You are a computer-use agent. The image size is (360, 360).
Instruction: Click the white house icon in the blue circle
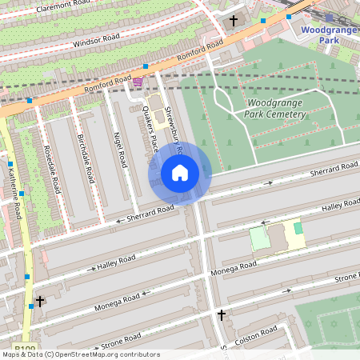coord(180,173)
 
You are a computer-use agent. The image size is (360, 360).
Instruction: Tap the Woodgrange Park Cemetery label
coord(277,109)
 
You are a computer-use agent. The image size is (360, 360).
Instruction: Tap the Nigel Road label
coord(121,150)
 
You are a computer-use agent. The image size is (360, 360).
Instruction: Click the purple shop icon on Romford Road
coord(138,82)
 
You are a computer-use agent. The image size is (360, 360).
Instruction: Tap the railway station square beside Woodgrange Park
coord(328,17)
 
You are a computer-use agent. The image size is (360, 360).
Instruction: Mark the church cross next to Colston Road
coord(222,316)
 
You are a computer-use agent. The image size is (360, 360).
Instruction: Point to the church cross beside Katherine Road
coord(40,301)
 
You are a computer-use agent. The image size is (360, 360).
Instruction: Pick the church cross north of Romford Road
coord(234,20)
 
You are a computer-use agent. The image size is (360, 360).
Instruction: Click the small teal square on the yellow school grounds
coord(298,228)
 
